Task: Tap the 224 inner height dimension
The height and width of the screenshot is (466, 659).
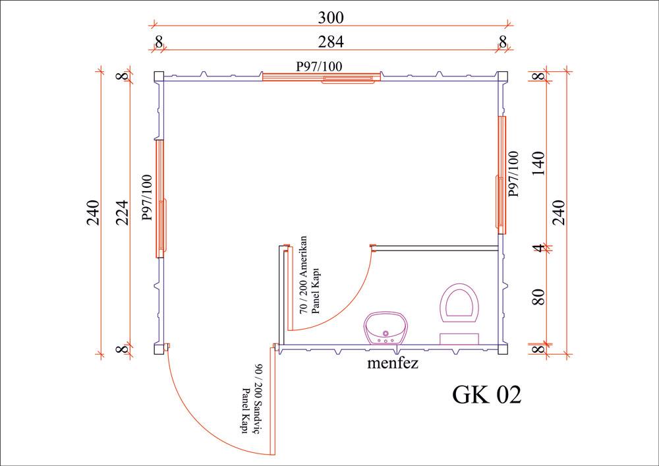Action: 121,212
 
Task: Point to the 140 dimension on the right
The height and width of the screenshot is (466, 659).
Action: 539,162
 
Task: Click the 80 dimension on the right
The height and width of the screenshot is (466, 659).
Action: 539,296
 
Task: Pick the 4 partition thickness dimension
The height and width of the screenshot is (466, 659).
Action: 539,248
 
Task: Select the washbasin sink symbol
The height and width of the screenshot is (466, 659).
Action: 386,328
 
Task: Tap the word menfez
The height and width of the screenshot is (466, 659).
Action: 393,363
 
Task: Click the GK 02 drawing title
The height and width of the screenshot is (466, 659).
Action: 486,394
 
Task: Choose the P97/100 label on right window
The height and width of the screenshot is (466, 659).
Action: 513,174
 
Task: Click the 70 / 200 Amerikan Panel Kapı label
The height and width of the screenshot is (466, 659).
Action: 309,275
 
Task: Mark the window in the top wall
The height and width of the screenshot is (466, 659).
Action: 320,77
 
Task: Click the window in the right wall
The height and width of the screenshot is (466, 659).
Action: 502,175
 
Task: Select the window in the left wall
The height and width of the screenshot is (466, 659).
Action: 160,198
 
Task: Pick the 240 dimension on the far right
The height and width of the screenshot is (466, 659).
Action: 561,212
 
